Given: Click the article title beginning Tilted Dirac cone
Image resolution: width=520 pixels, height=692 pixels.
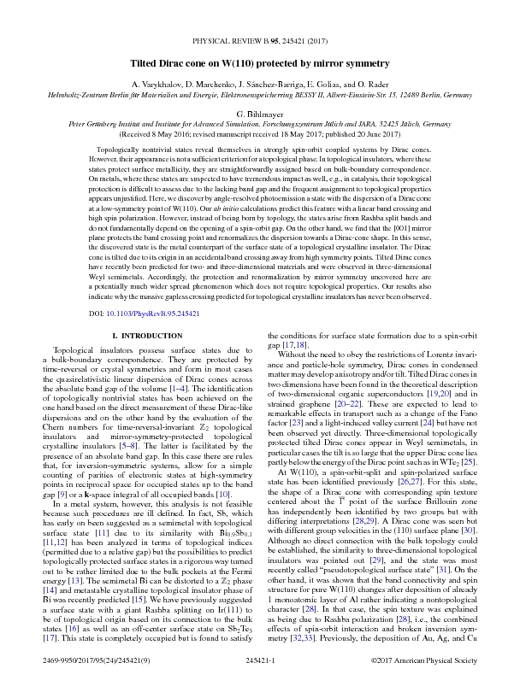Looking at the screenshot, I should click(260, 64).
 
